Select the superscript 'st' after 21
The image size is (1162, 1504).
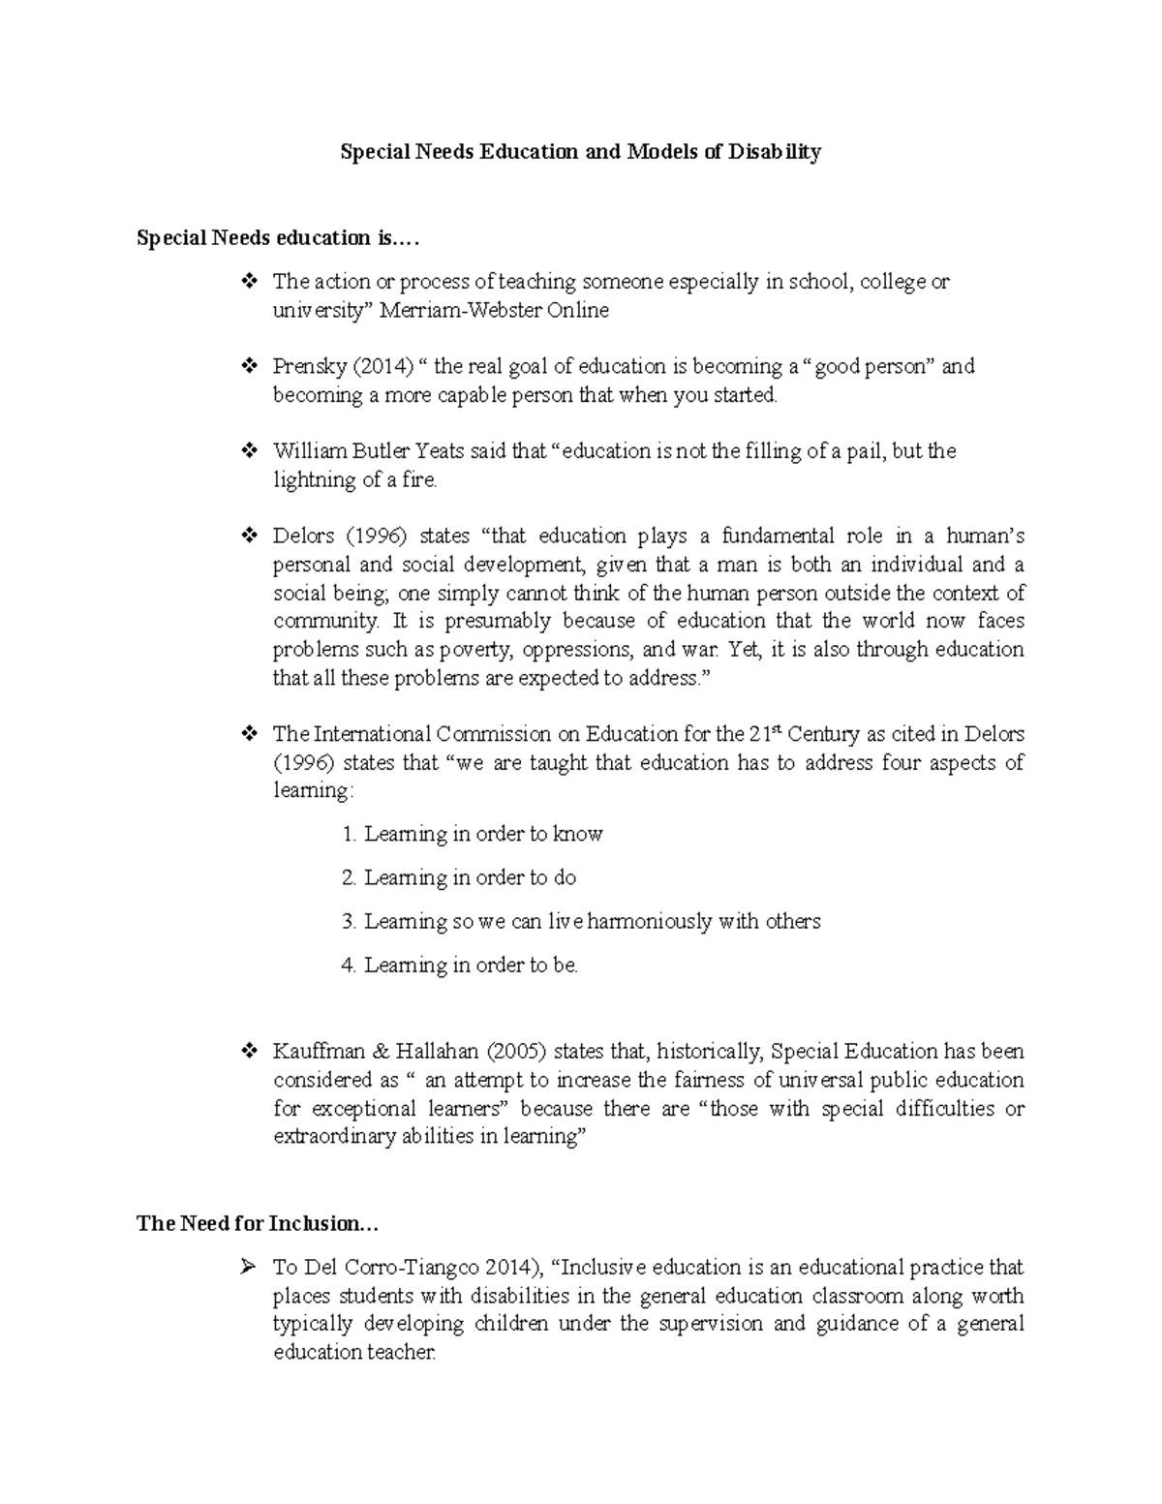tap(775, 729)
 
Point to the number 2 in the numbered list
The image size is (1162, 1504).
tap(349, 877)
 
